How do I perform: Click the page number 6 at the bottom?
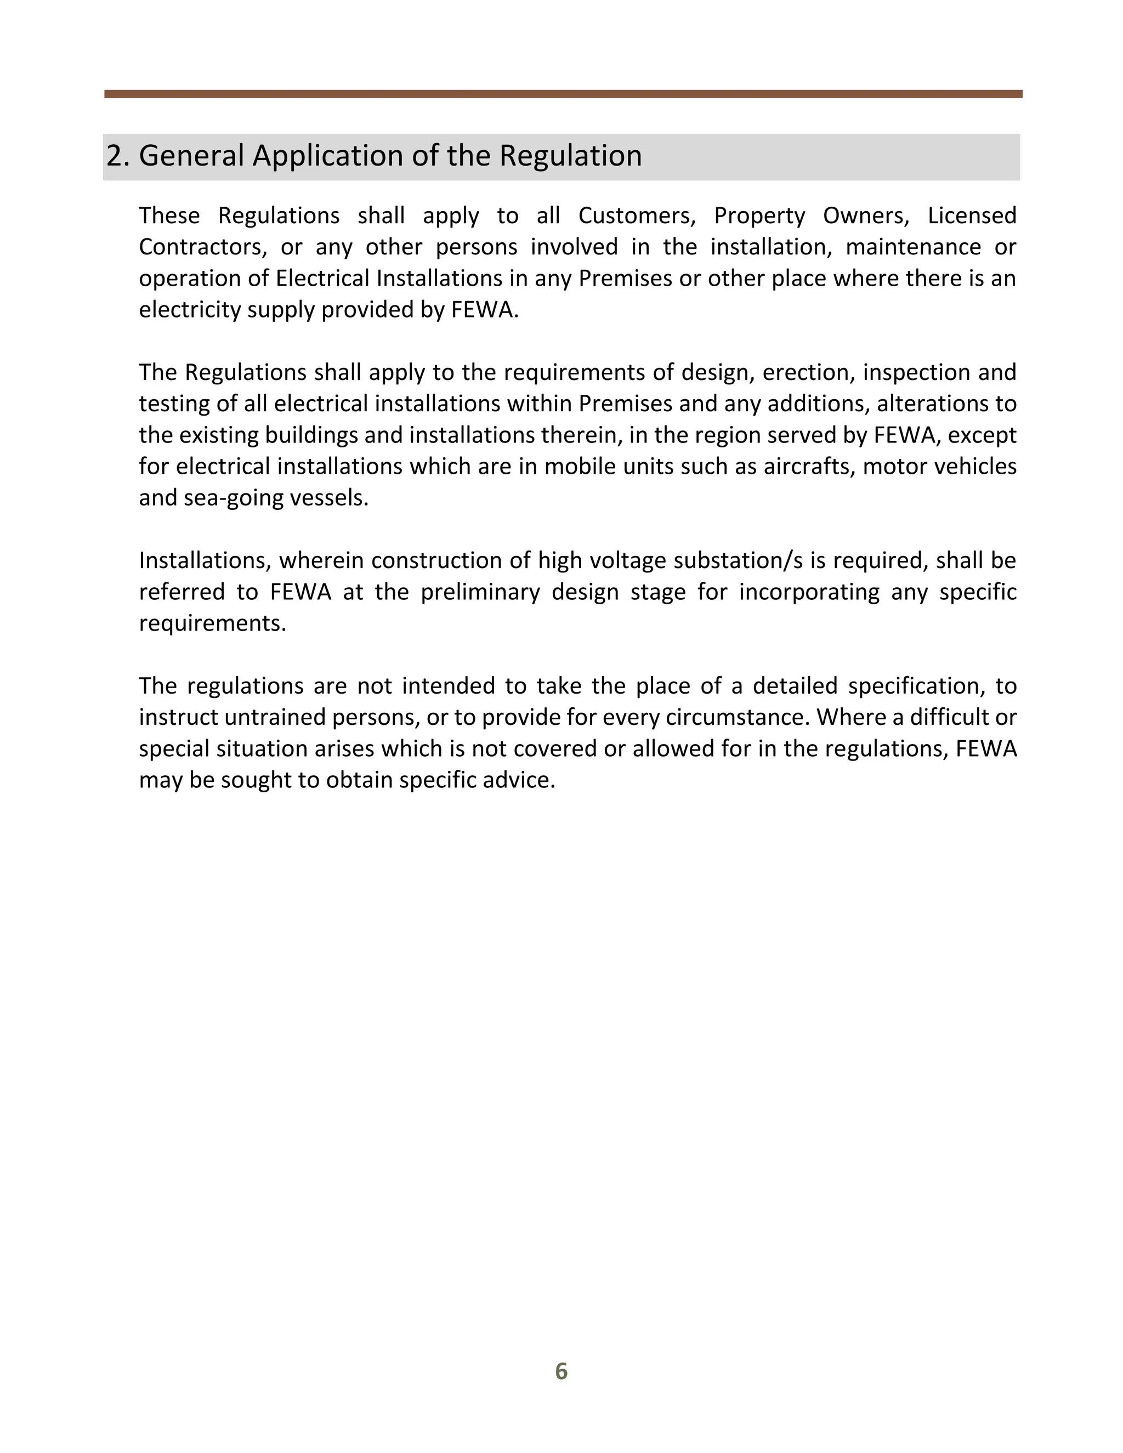561,1371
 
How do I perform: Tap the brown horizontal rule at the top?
563,94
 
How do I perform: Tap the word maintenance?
913,247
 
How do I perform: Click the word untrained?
275,717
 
